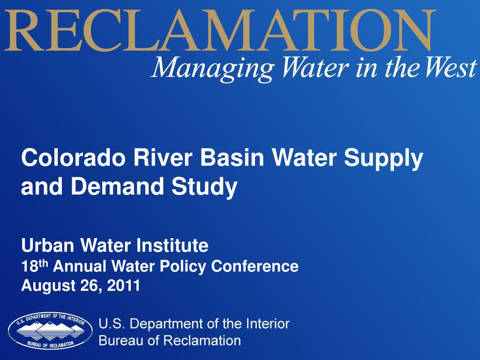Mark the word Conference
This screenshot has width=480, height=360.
click(255, 266)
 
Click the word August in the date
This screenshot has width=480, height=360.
click(45, 285)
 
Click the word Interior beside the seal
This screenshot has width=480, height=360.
click(268, 323)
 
